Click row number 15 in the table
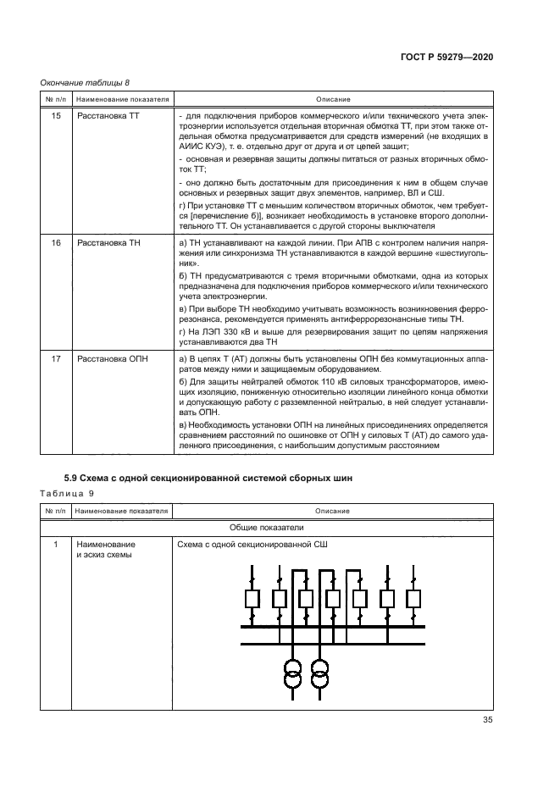56,114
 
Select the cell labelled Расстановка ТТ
108,114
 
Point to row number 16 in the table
56,243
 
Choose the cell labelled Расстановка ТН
108,243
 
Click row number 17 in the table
56,359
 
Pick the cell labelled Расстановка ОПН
112,359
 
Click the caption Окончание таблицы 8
85,82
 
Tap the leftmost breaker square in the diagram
251,599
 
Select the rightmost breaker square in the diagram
413,599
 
